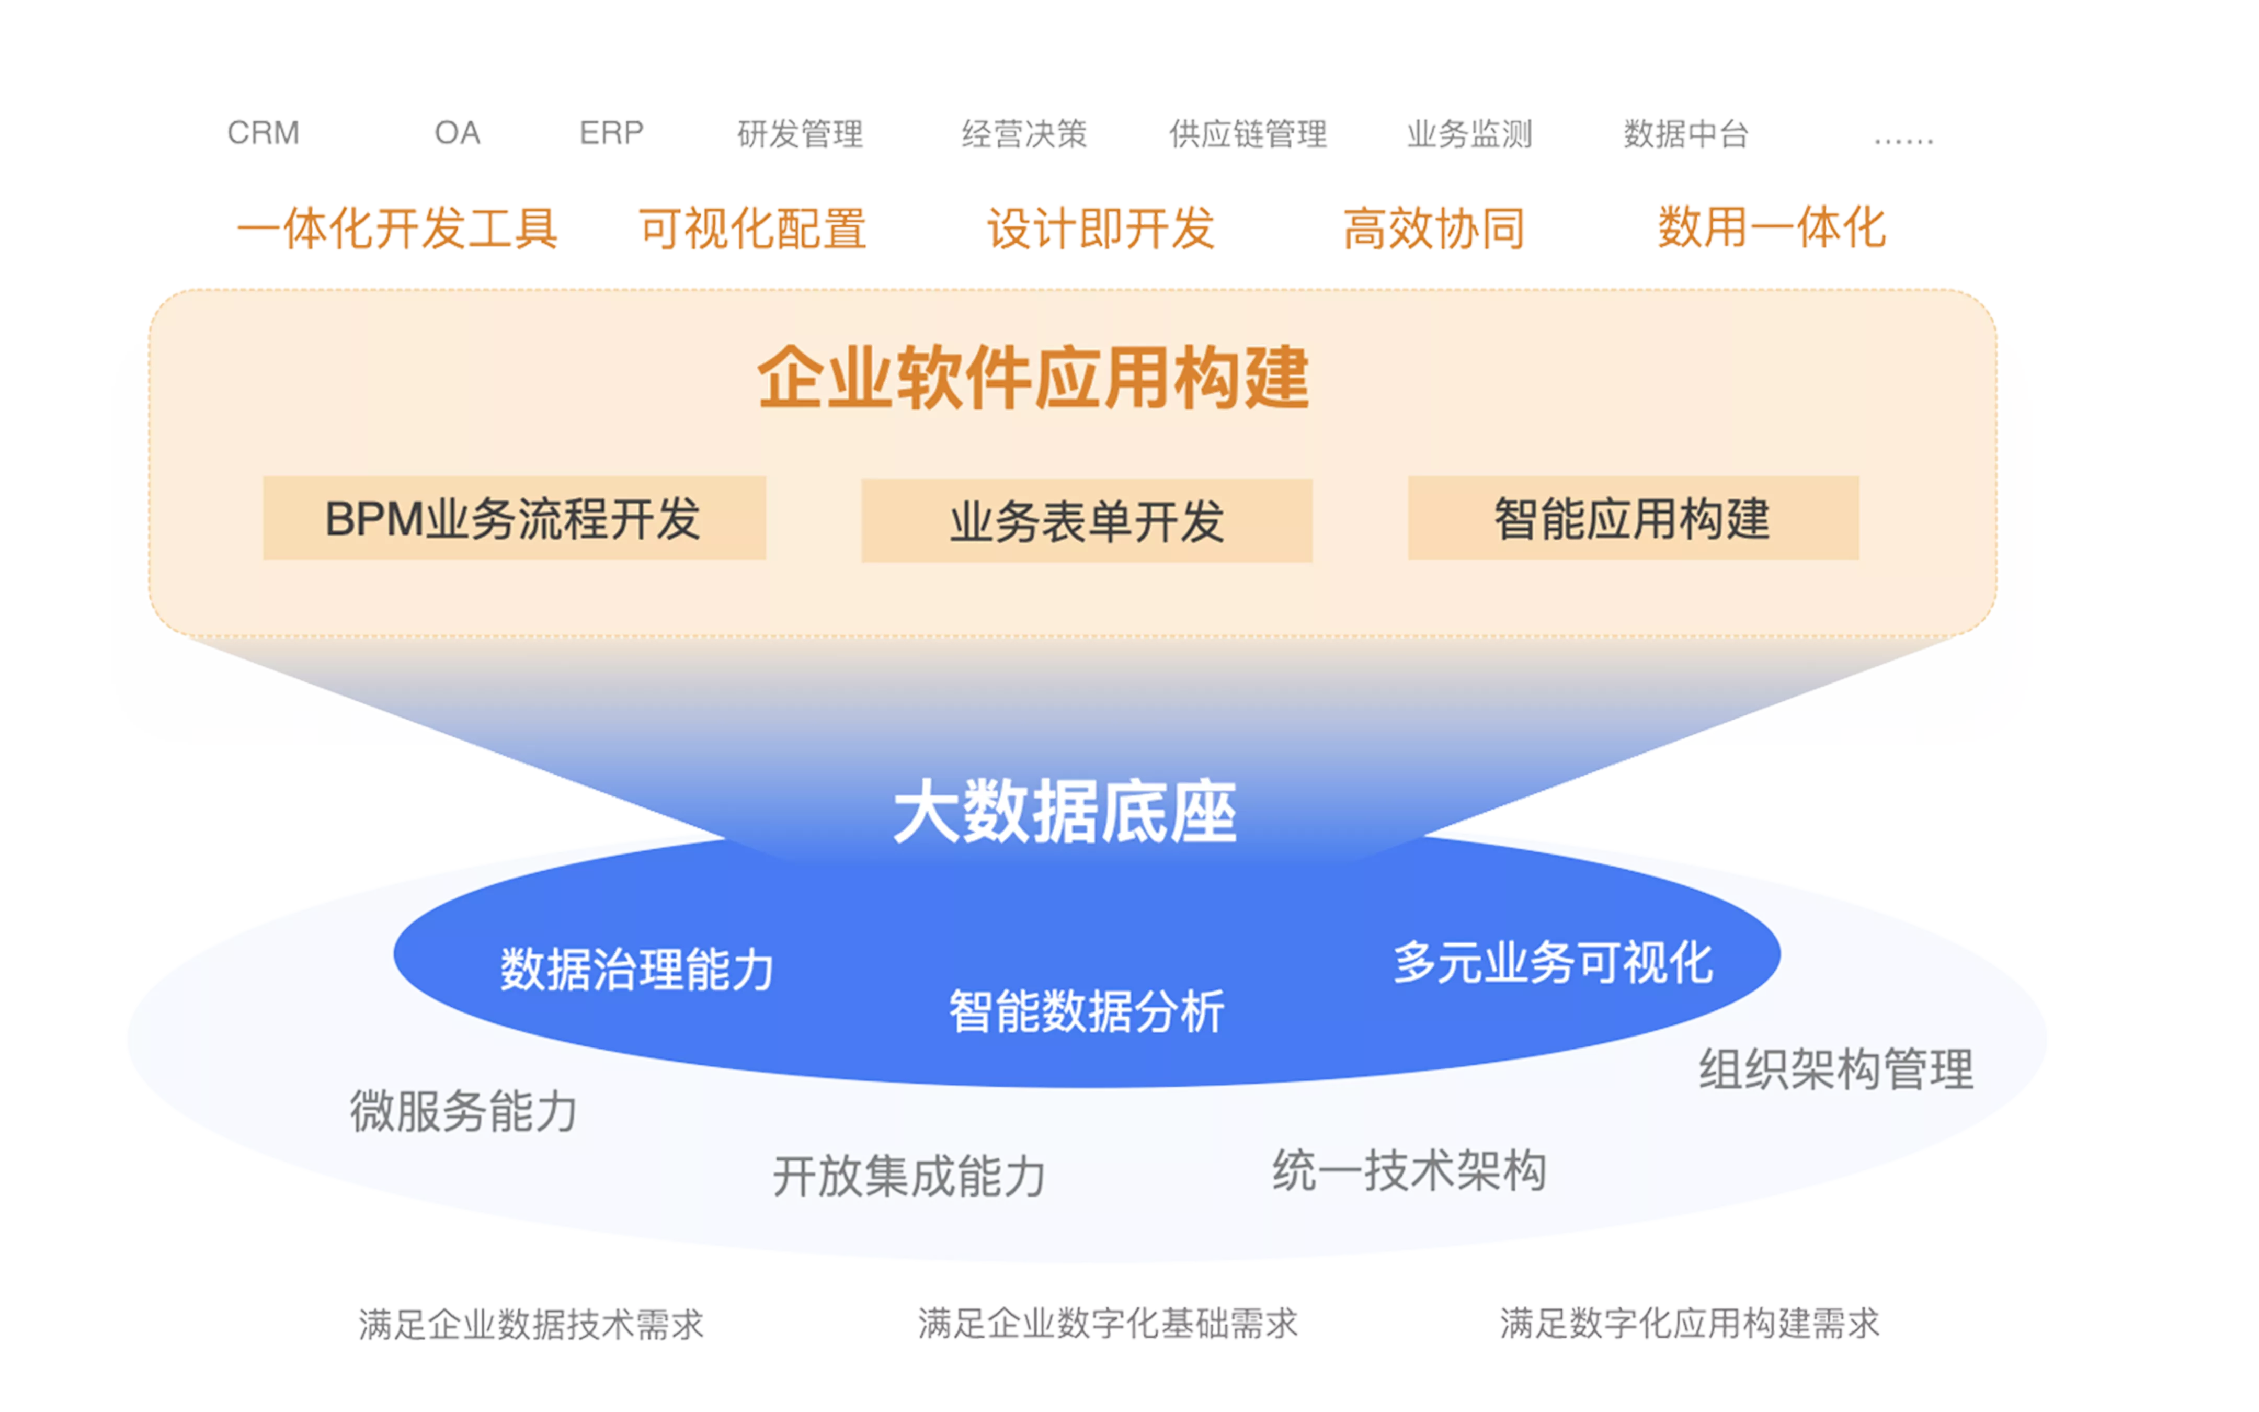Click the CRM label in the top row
pyautogui.click(x=263, y=133)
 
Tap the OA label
pyautogui.click(x=458, y=133)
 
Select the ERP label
pyautogui.click(x=611, y=133)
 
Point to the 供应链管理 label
pyautogui.click(x=1248, y=133)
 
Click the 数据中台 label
pyautogui.click(x=1686, y=133)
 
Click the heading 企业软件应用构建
pyautogui.click(x=1033, y=377)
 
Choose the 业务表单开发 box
pyautogui.click(x=1087, y=521)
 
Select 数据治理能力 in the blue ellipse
pyautogui.click(x=636, y=970)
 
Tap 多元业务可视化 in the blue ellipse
pyautogui.click(x=1553, y=963)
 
